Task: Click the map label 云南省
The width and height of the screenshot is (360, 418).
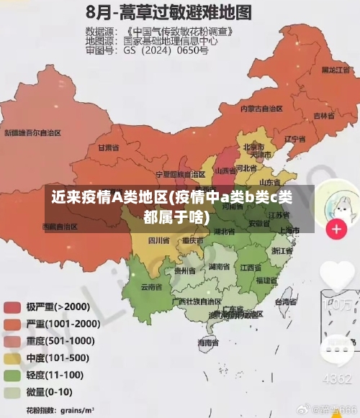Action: [x=151, y=286]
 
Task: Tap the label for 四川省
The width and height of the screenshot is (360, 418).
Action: [x=158, y=240]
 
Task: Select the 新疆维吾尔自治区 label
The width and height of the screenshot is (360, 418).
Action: [x=33, y=133]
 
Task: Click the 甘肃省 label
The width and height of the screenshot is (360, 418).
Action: [x=107, y=147]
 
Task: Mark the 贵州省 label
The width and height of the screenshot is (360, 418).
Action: [x=184, y=271]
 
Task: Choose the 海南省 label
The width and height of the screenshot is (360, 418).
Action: [x=209, y=344]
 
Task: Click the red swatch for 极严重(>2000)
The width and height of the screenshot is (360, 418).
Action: [x=13, y=306]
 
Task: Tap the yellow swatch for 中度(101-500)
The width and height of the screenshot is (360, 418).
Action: [x=13, y=358]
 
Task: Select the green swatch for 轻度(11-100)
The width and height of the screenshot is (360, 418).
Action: [x=13, y=375]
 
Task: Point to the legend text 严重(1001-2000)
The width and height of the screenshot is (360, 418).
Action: [x=63, y=324]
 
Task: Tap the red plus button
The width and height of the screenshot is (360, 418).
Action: [x=336, y=229]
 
